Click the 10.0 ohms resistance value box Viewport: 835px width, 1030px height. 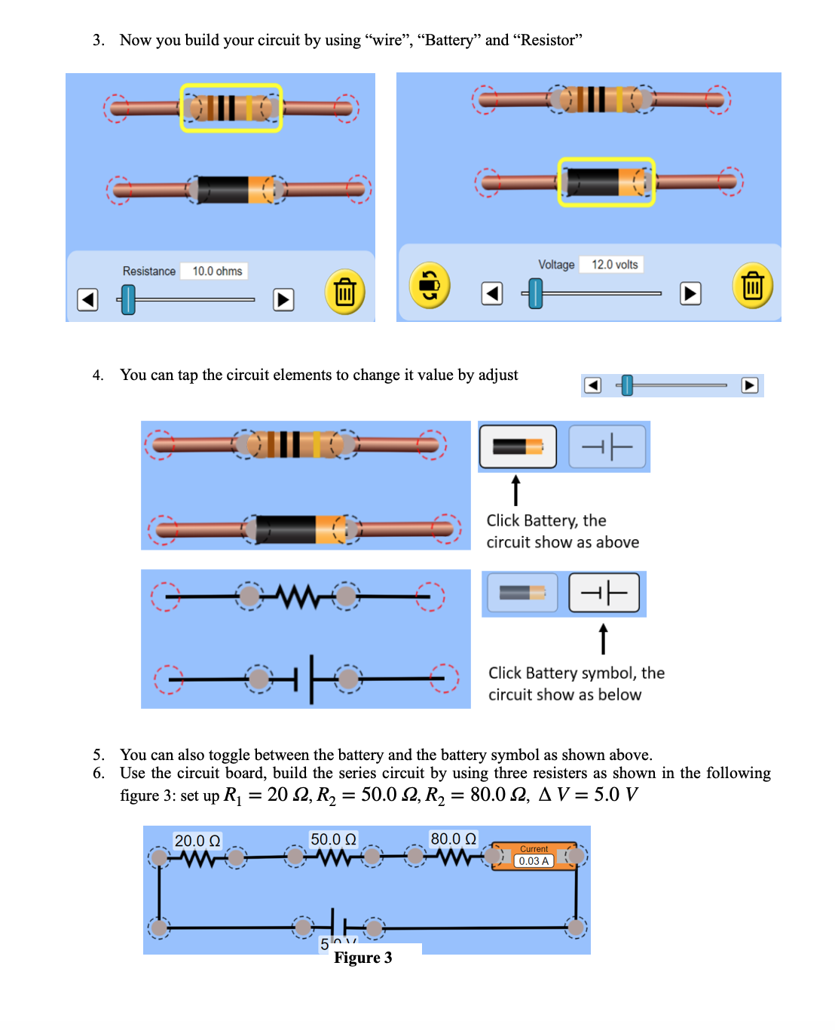tap(216, 271)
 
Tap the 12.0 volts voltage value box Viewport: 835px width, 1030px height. tap(614, 265)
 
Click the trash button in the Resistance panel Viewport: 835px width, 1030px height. tap(344, 292)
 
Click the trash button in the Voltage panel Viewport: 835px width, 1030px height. tap(752, 286)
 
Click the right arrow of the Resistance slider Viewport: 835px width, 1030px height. tap(283, 300)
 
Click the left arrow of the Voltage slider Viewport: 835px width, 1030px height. tap(492, 293)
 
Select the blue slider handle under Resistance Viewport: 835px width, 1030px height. tap(128, 299)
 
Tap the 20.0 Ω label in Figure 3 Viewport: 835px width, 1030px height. tap(197, 841)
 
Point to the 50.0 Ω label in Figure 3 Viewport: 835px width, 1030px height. tap(333, 839)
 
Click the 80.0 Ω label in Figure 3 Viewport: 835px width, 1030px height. tap(453, 838)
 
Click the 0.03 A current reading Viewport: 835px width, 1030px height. tap(534, 861)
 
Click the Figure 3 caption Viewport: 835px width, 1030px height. tap(362, 958)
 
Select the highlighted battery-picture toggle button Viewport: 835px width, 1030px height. tap(518, 447)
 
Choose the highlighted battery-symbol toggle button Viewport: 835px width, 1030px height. tap(604, 593)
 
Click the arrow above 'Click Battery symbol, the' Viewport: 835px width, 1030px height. tap(603, 639)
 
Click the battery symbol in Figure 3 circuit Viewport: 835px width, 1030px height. tap(338, 927)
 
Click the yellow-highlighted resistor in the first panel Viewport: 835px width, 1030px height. tap(231, 108)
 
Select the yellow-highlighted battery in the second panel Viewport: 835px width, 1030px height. tap(606, 182)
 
